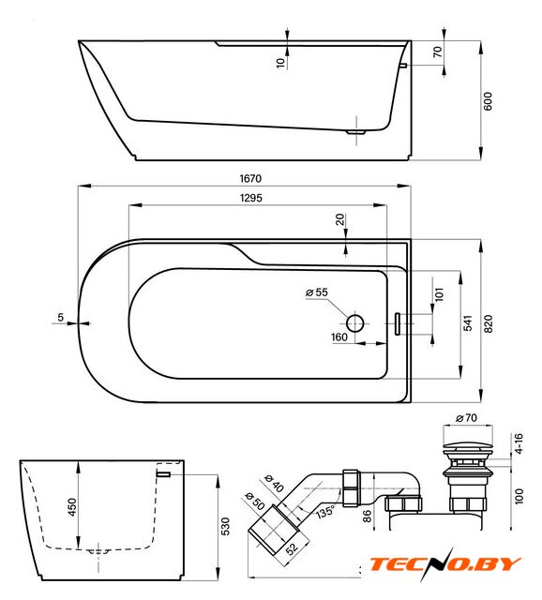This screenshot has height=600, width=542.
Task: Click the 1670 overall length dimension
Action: coord(250,178)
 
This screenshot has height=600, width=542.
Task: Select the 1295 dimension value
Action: coord(251,198)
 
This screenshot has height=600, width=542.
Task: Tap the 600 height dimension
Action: coord(488,101)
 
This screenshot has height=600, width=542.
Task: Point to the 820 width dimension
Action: coord(489,324)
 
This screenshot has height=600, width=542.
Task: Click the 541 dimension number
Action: coord(468,323)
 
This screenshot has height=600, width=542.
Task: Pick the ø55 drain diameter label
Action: coord(317,292)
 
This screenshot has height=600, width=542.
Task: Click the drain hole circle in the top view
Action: coord(354,323)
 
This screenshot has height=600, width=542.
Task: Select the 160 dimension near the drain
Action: coord(339,337)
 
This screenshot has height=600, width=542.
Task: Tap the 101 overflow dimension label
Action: coord(439,294)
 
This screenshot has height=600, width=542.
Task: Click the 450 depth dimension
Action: coord(72,507)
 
